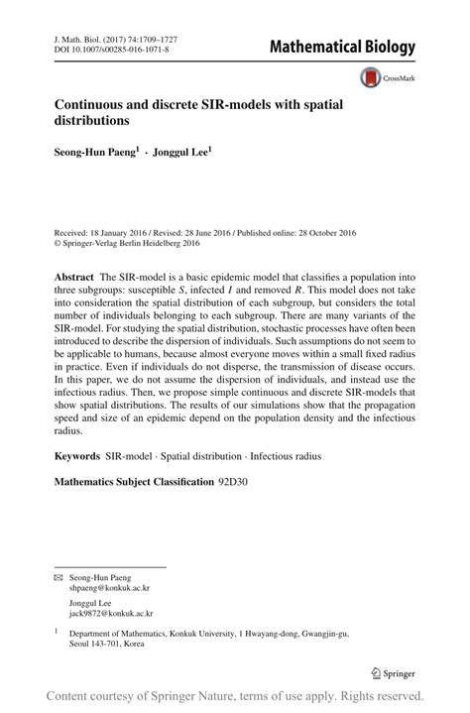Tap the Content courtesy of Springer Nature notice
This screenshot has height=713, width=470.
[x=235, y=695]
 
